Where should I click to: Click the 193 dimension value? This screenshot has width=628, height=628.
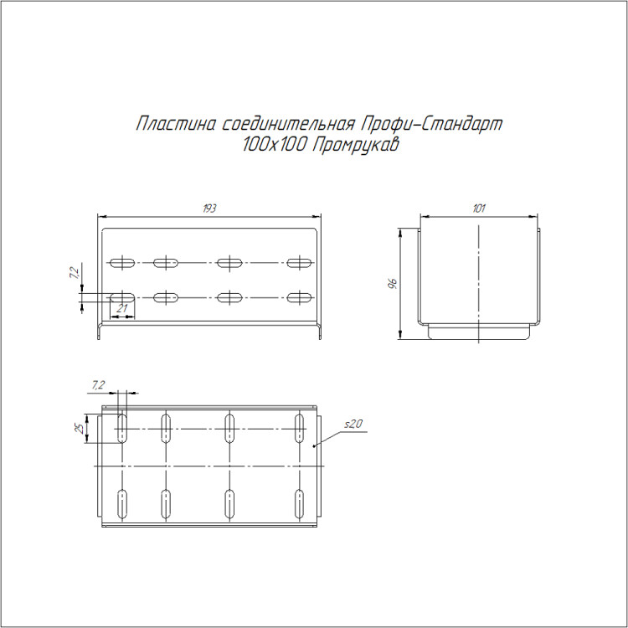click(x=209, y=208)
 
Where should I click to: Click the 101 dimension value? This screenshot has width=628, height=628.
click(x=479, y=208)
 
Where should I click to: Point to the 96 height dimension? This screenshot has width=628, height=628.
click(x=393, y=283)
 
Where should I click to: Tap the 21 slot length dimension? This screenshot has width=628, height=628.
click(x=121, y=308)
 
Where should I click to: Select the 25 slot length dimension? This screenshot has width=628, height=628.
click(x=80, y=429)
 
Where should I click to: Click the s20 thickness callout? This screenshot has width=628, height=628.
click(x=353, y=424)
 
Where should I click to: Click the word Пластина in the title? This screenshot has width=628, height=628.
click(x=176, y=124)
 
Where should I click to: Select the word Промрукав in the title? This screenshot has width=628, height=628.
click(x=355, y=145)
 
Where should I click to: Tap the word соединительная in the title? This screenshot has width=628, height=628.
click(x=288, y=124)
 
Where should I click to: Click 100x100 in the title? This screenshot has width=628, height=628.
click(x=275, y=145)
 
